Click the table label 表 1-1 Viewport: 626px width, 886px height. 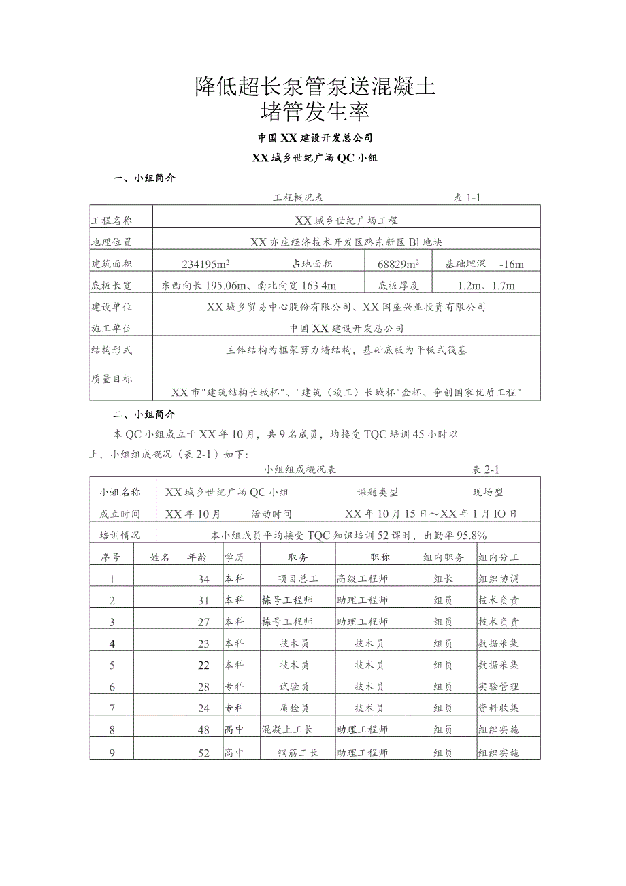pyautogui.click(x=467, y=198)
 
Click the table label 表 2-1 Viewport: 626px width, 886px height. pyautogui.click(x=486, y=470)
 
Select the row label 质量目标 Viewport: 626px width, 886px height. pyautogui.click(x=112, y=379)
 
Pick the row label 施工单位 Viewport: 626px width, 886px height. pyautogui.click(x=112, y=329)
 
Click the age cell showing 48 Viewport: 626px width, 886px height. pyautogui.click(x=203, y=730)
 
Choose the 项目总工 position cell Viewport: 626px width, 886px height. pyautogui.click(x=298, y=579)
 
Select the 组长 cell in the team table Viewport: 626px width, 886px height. pyautogui.click(x=443, y=579)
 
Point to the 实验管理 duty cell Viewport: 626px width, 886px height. pyautogui.click(x=499, y=687)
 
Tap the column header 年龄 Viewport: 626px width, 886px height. pyautogui.click(x=197, y=557)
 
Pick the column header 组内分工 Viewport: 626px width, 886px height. pyautogui.click(x=499, y=557)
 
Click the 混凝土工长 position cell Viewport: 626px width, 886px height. pyautogui.click(x=287, y=730)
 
